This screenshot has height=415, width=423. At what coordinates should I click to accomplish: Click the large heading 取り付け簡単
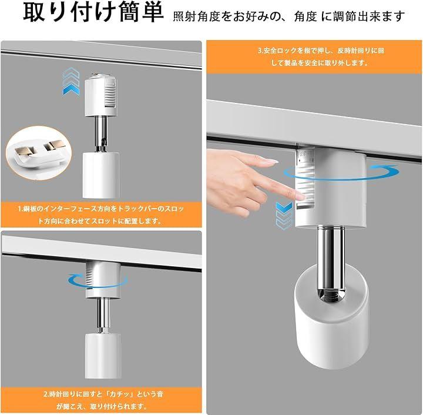[93, 13]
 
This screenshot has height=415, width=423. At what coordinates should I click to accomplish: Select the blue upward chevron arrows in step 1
[71, 81]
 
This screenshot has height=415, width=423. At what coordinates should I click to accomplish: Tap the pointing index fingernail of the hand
[271, 162]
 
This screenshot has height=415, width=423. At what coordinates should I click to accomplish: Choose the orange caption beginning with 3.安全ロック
[314, 57]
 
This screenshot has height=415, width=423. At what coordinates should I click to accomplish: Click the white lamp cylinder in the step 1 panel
[100, 175]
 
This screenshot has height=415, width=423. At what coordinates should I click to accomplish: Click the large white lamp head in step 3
[331, 315]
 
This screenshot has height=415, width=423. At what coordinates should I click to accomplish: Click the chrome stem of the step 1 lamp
[101, 134]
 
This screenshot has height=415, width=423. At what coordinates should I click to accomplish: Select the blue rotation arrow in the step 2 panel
[98, 280]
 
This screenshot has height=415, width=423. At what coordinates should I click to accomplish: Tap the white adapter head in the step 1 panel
[101, 95]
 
